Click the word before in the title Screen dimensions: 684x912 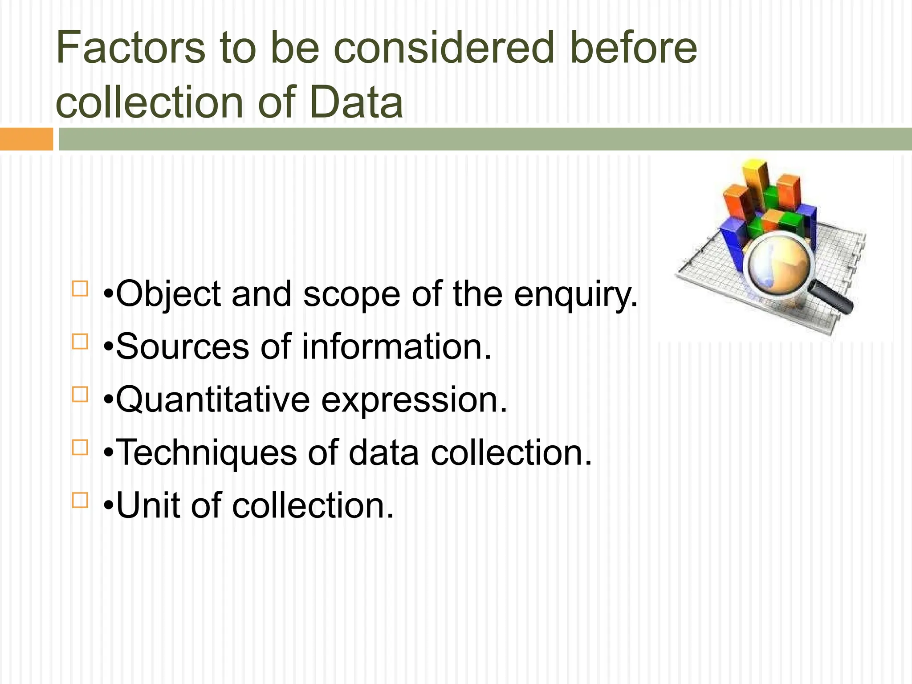click(x=633, y=48)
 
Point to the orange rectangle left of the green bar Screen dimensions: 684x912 click(x=26, y=139)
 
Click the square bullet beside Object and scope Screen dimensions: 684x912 click(x=80, y=289)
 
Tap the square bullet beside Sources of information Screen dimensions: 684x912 click(x=80, y=342)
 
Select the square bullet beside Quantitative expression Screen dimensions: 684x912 click(x=80, y=394)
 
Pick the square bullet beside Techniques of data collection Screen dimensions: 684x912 click(x=80, y=447)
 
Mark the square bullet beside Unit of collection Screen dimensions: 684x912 click(x=80, y=500)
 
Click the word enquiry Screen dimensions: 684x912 click(x=576, y=295)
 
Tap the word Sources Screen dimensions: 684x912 click(x=183, y=347)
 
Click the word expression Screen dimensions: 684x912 click(x=414, y=400)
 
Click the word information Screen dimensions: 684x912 click(x=397, y=347)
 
